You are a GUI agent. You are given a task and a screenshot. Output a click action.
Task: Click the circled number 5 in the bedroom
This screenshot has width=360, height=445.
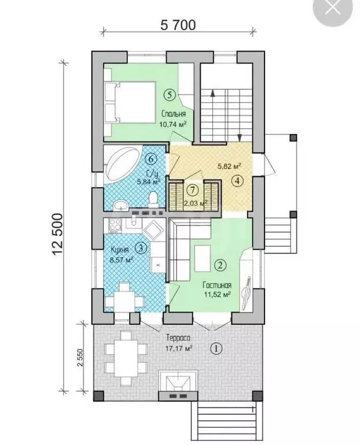[170, 95]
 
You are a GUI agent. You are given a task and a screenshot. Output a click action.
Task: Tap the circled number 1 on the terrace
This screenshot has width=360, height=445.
[216, 348]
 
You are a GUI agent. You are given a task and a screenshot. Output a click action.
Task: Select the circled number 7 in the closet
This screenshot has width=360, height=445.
[193, 190]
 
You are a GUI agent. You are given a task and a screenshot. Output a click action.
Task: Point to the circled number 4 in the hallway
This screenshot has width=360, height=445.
[237, 181]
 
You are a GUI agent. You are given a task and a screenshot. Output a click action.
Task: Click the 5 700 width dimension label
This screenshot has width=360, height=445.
[178, 25]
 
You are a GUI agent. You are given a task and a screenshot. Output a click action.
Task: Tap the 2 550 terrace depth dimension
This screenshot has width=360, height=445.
[80, 358]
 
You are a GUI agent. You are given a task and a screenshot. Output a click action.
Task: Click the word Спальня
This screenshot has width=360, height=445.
[174, 114]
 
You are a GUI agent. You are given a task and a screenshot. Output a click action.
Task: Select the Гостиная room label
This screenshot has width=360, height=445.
[217, 285]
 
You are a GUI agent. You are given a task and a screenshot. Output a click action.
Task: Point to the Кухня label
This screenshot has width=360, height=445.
[120, 250]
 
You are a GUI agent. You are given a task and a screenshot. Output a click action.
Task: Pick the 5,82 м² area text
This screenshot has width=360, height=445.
[229, 166]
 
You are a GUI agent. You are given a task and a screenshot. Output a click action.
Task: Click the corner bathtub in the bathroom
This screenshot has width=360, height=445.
[123, 164]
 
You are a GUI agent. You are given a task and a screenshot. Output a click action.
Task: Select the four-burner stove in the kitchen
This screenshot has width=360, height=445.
[115, 225]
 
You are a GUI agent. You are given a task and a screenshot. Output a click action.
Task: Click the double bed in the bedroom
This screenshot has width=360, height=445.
[130, 103]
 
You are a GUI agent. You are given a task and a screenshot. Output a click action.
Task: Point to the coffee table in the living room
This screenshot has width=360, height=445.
[203, 258]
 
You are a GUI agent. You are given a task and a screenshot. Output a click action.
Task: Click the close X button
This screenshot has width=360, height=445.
[332, 8]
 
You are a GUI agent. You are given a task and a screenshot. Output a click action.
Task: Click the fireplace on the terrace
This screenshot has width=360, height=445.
[178, 385]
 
